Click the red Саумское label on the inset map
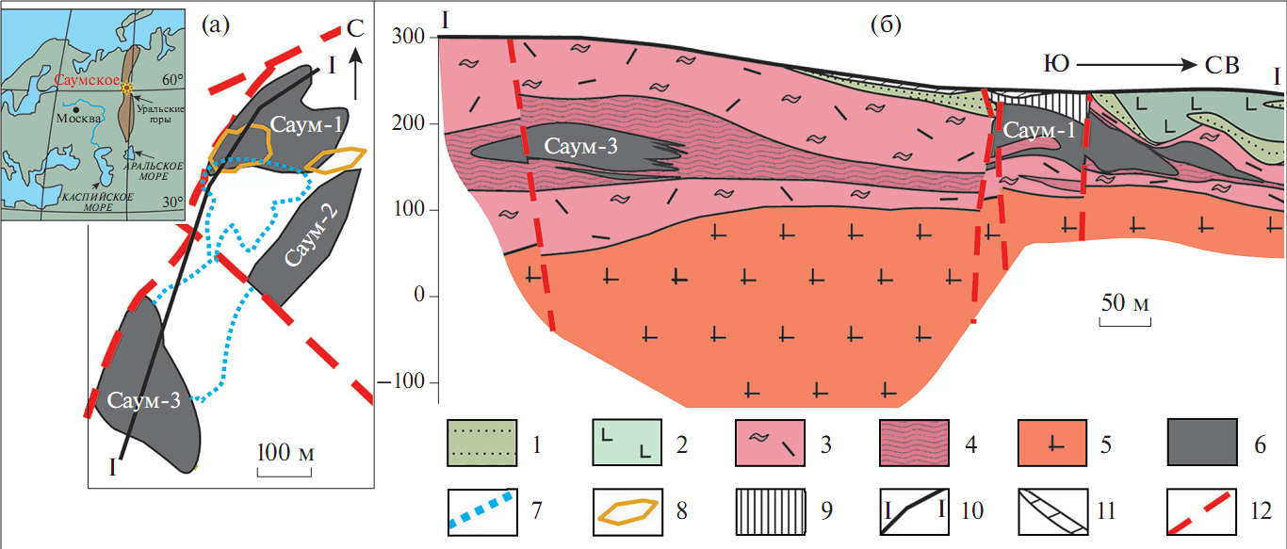(88, 80)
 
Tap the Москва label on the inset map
(79, 119)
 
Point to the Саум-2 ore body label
(311, 235)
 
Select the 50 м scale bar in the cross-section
(1125, 322)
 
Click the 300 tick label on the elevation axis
(408, 36)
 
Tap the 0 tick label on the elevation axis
(419, 295)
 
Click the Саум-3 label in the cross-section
(581, 146)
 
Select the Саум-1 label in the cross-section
(1039, 130)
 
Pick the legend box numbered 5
(1052, 443)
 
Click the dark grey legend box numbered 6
(1202, 442)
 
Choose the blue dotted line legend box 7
(482, 511)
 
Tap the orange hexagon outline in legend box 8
(627, 511)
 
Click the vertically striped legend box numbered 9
(771, 511)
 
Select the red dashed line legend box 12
(1201, 511)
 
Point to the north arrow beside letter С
(355, 73)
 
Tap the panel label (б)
(886, 24)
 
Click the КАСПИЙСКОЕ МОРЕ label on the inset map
(98, 202)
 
